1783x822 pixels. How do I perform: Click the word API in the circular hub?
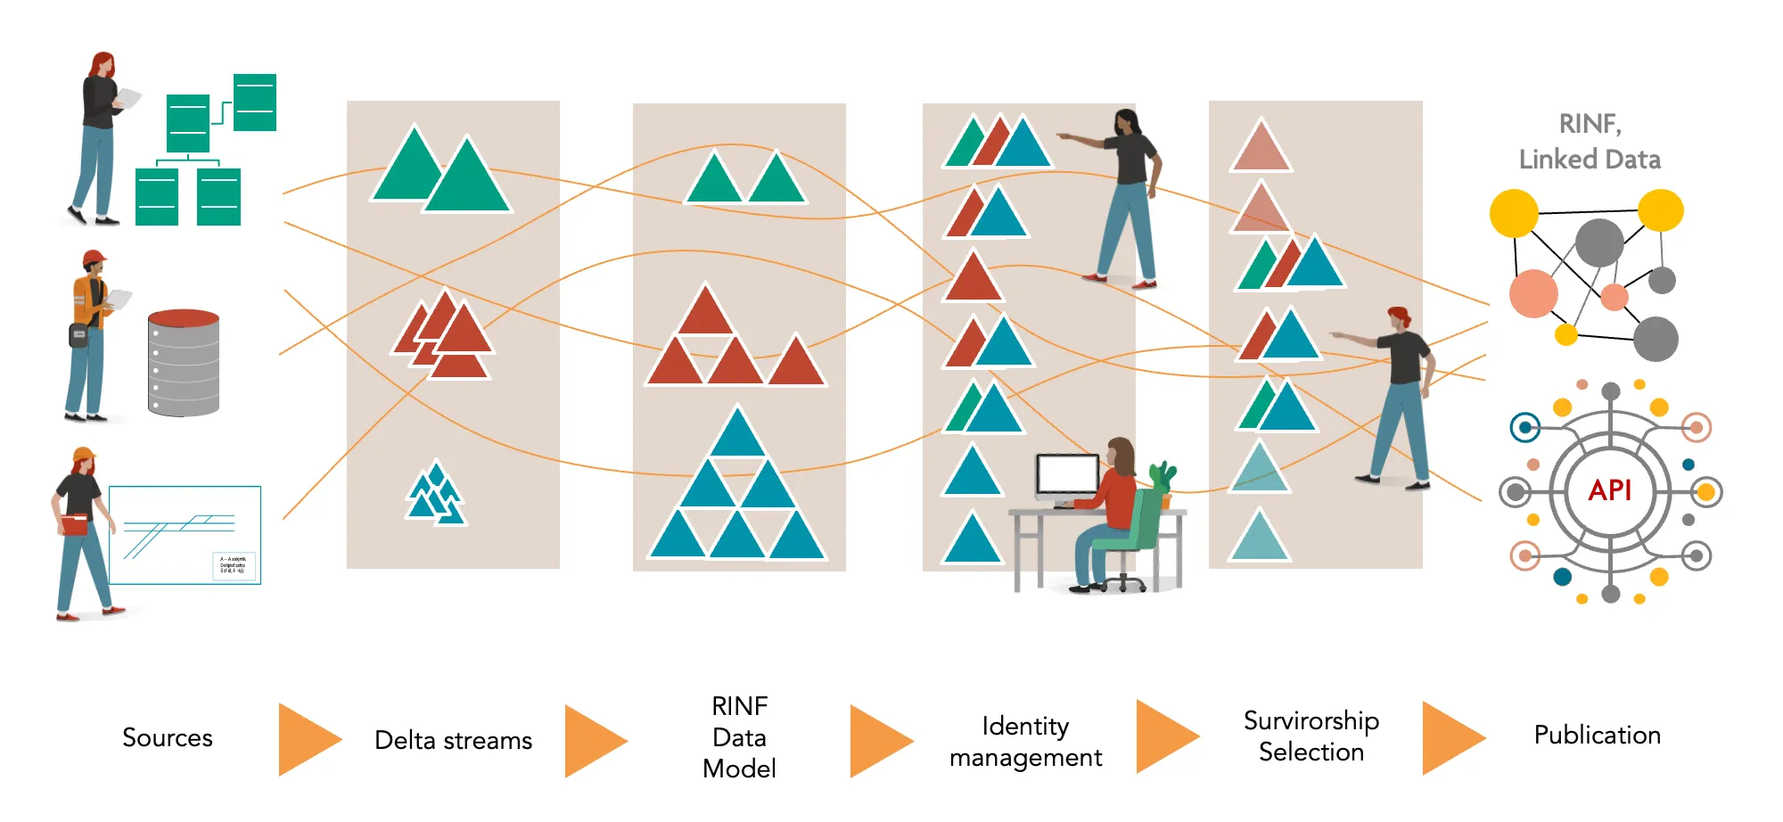click(x=1610, y=490)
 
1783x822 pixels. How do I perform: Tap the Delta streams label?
click(x=453, y=740)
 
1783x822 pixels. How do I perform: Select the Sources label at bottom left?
click(x=168, y=737)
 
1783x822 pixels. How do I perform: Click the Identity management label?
click(x=1025, y=741)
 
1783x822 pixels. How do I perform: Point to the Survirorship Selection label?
click(x=1311, y=736)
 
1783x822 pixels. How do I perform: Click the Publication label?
click(x=1597, y=735)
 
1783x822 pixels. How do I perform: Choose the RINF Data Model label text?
click(x=739, y=737)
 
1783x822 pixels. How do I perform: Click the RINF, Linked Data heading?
click(x=1590, y=141)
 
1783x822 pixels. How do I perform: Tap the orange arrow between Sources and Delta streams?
click(x=308, y=739)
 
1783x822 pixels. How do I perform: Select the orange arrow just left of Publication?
click(x=1451, y=738)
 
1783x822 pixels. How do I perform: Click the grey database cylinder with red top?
click(x=184, y=363)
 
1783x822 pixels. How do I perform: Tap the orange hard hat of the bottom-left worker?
click(x=83, y=455)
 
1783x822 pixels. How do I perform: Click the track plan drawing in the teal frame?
click(x=185, y=535)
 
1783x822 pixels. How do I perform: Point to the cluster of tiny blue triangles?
click(x=435, y=493)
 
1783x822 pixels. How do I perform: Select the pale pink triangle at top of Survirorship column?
click(x=1261, y=147)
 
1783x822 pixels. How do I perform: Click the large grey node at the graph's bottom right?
click(x=1656, y=339)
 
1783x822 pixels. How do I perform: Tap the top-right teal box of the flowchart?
click(x=255, y=103)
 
